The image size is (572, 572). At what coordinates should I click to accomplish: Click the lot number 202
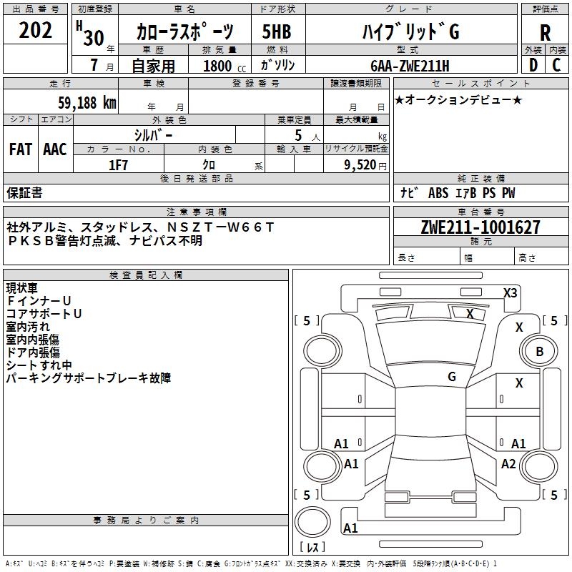click(36, 31)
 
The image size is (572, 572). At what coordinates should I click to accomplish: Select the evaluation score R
click(545, 32)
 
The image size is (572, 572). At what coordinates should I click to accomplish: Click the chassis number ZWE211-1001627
click(480, 227)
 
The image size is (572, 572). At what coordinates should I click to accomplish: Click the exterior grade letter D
click(532, 66)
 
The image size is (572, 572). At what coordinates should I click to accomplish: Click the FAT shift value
click(20, 149)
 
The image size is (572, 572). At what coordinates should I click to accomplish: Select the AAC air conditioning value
click(54, 149)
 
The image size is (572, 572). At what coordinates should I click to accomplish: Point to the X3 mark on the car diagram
click(510, 292)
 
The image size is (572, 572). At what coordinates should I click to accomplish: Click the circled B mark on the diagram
click(539, 352)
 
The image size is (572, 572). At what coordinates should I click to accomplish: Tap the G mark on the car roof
click(452, 376)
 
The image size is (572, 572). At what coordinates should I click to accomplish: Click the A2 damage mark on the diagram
click(508, 464)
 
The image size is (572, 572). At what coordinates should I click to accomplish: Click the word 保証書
click(24, 193)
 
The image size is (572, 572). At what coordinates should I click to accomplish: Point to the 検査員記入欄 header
click(146, 275)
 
